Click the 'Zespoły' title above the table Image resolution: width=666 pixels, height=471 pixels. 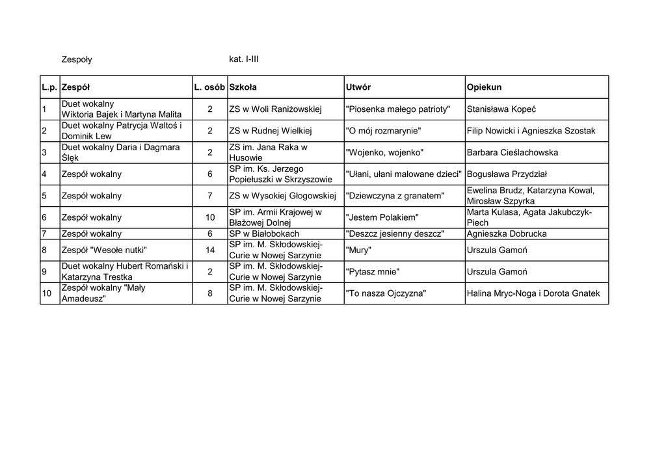[x=76, y=59]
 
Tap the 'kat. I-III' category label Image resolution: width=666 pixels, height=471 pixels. [x=244, y=59]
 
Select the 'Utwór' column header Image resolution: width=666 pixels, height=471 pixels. [x=358, y=87]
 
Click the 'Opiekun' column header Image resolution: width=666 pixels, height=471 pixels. [x=484, y=87]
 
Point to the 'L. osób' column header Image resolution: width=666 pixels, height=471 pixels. [x=209, y=87]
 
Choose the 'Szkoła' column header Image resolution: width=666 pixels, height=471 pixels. [x=243, y=87]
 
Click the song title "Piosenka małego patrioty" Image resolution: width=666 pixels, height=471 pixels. [x=397, y=109]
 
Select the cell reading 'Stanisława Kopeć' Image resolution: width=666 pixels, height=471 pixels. [x=501, y=109]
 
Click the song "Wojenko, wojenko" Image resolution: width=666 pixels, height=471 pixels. [x=384, y=153]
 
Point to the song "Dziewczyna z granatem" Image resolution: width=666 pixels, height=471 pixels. [x=395, y=196]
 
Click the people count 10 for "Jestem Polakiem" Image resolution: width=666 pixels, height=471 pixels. [x=210, y=217]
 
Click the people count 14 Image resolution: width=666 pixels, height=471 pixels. [x=210, y=250]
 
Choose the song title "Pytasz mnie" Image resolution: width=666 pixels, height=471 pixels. [x=373, y=272]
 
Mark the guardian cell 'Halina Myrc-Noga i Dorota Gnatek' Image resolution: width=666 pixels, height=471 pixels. [x=533, y=293]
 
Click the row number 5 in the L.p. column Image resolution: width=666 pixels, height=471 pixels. [x=44, y=196]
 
